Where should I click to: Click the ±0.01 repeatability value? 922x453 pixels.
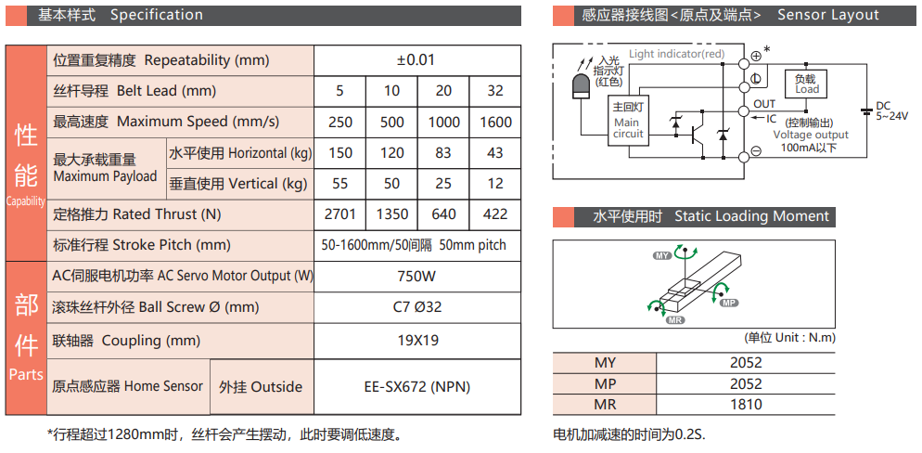tap(416, 60)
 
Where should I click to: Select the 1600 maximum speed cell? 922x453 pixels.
tap(495, 122)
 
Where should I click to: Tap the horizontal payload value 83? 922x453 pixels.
tap(443, 152)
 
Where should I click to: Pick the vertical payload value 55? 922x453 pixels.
tap(339, 183)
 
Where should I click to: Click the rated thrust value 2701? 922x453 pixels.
tap(339, 214)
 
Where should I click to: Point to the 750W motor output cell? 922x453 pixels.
tap(416, 276)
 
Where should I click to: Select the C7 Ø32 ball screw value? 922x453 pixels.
tap(416, 306)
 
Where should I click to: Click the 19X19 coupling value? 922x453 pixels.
tap(416, 340)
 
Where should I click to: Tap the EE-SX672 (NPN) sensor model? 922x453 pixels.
tap(416, 387)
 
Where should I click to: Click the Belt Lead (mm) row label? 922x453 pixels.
tap(134, 91)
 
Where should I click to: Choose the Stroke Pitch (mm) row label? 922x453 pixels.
tap(142, 245)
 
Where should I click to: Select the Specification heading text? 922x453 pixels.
tap(156, 15)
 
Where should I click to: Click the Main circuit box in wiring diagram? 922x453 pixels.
tap(628, 122)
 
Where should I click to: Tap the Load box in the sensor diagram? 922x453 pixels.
tap(806, 84)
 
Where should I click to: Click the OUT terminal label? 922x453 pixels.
tap(764, 104)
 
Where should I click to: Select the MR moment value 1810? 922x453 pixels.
tap(745, 404)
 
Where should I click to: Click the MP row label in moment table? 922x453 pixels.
tap(604, 383)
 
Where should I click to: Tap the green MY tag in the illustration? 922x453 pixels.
tap(662, 253)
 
